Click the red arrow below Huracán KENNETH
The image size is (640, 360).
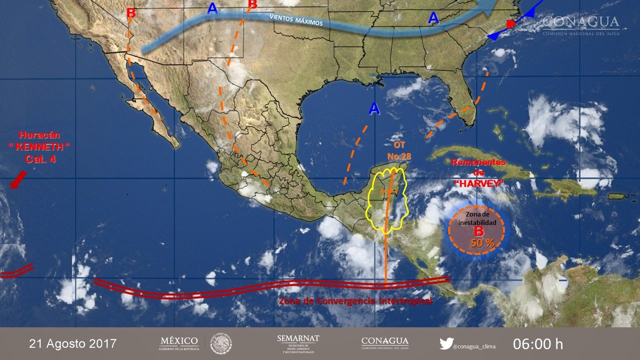click(18, 179)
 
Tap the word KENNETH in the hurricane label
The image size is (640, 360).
click(39, 147)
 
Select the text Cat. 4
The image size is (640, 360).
click(39, 159)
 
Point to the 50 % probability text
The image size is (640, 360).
click(482, 243)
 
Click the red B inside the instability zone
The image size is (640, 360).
click(478, 231)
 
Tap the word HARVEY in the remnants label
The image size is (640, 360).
click(478, 183)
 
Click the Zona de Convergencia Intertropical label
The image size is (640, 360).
click(355, 301)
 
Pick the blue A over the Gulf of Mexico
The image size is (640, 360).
click(374, 108)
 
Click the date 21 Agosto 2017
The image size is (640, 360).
click(72, 344)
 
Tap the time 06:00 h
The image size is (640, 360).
click(537, 344)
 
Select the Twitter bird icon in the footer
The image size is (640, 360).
click(446, 344)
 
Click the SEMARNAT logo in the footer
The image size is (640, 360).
click(298, 343)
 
